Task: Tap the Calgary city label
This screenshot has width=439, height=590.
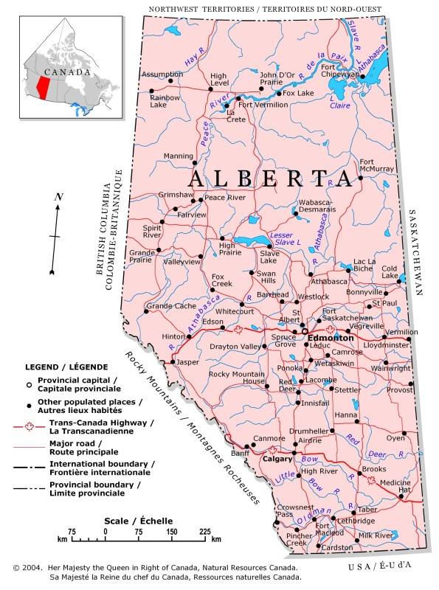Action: pyautogui.click(x=278, y=459)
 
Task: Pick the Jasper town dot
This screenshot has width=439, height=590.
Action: pyautogui.click(x=173, y=362)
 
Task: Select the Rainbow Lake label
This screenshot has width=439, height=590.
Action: pyautogui.click(x=164, y=101)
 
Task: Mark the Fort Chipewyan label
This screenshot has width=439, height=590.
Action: pyautogui.click(x=339, y=71)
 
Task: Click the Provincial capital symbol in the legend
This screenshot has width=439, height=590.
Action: pyautogui.click(x=29, y=384)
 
